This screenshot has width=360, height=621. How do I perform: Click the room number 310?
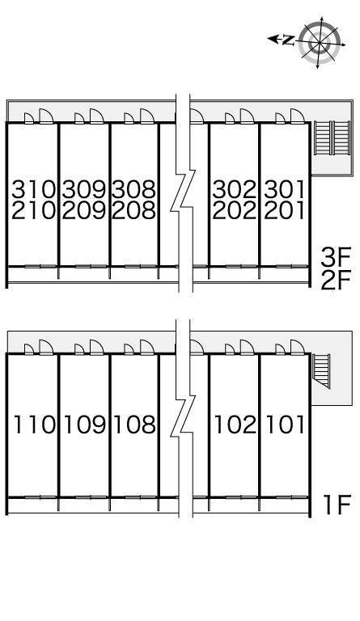[x=33, y=189]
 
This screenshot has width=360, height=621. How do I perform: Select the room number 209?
[x=84, y=210]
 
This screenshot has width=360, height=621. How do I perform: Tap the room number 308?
[x=133, y=189]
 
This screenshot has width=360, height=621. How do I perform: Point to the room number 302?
[x=235, y=189]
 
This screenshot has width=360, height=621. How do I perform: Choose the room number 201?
[x=285, y=210]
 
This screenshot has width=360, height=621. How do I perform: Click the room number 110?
[x=34, y=425]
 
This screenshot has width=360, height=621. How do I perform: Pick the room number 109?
[x=85, y=425]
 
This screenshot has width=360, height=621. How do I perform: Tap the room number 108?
[x=134, y=425]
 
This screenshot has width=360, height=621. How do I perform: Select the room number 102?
[x=235, y=425]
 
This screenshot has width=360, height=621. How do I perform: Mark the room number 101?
[x=285, y=425]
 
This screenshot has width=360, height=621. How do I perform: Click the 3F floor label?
[x=336, y=258]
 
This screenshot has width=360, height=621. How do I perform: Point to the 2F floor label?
[x=336, y=281]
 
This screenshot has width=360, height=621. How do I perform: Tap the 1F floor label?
[x=337, y=505]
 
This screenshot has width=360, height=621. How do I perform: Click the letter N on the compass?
[x=289, y=40]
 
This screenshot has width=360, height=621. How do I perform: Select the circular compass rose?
[x=320, y=42]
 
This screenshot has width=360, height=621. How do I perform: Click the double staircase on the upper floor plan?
[x=332, y=137]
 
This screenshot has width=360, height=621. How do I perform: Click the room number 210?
[x=33, y=210]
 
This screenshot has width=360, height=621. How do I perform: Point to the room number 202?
[x=235, y=210]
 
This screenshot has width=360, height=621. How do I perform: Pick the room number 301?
[x=285, y=189]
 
